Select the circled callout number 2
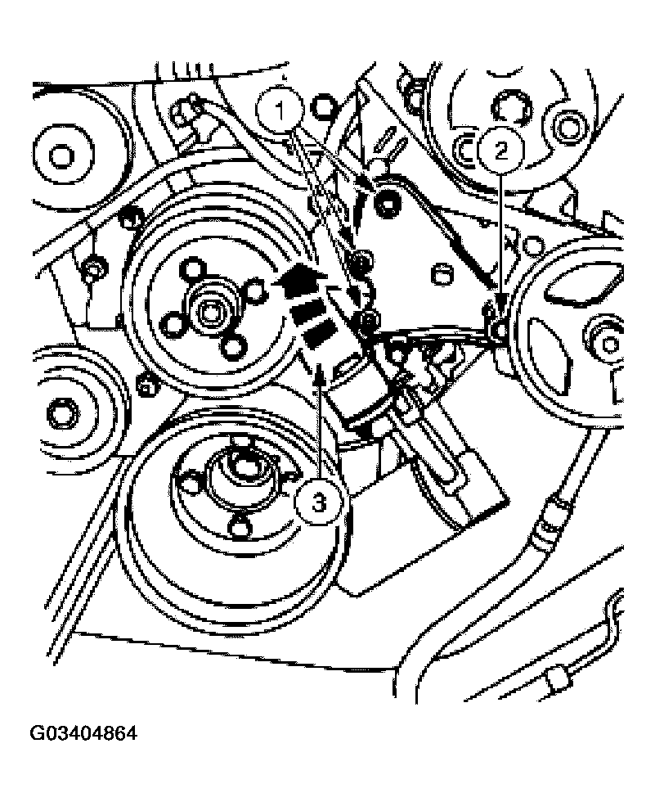[500, 151]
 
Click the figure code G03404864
[83, 733]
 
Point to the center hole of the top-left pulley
[61, 155]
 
